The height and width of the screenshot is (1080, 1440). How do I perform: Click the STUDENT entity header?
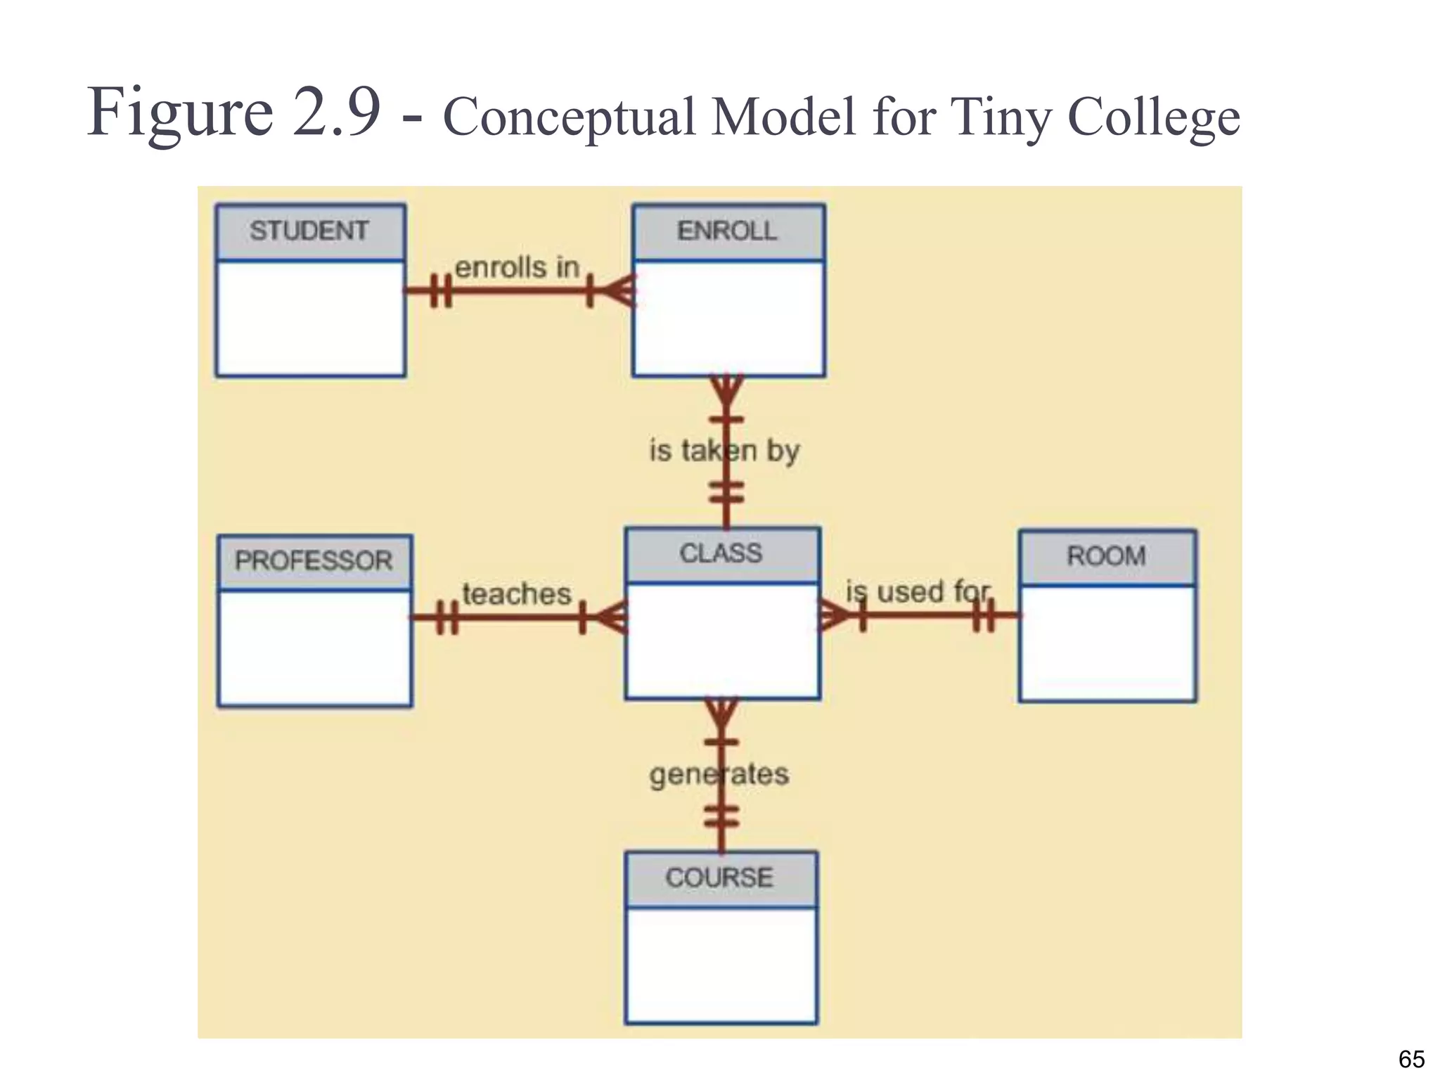[x=310, y=231]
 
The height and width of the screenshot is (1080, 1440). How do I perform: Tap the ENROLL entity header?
[x=728, y=231]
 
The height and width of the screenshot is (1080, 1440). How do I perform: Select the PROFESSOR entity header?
[x=314, y=561]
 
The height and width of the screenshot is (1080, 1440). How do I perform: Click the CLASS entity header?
[x=721, y=554]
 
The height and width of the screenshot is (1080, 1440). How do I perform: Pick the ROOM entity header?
[x=1107, y=557]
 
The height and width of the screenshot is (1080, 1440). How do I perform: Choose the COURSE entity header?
[x=720, y=878]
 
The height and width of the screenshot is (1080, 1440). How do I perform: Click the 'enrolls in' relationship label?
[x=517, y=268]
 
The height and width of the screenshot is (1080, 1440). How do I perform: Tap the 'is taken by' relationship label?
[x=724, y=450]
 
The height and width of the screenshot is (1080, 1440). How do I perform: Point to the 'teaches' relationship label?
[x=516, y=595]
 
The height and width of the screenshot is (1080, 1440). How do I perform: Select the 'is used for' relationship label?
[x=918, y=592]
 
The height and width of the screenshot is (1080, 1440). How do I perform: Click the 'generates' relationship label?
[x=719, y=774]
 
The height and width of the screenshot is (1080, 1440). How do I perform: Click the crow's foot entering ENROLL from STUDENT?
[x=619, y=290]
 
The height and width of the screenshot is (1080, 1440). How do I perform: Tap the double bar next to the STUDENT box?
[x=440, y=290]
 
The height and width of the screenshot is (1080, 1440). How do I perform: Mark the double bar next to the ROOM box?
[x=983, y=616]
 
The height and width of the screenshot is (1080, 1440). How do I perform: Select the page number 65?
[x=1411, y=1059]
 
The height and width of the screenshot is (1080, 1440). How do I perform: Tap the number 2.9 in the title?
[x=337, y=112]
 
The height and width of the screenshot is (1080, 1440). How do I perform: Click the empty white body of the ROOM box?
[x=1107, y=643]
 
